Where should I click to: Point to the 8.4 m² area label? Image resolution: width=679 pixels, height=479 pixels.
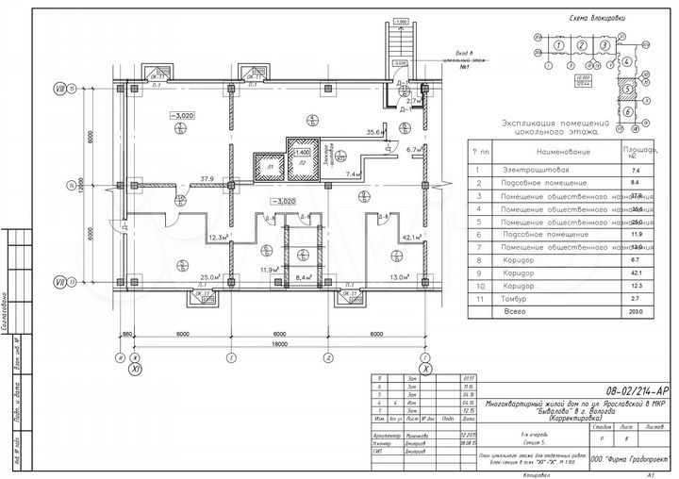coord(304,278)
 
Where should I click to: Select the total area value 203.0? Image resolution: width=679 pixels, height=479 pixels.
coord(637,309)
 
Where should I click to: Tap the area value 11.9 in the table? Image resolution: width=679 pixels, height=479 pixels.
coord(637,233)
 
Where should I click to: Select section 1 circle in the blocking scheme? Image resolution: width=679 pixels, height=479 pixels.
coord(559,44)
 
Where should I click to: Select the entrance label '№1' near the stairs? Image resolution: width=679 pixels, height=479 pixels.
coord(464,70)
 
